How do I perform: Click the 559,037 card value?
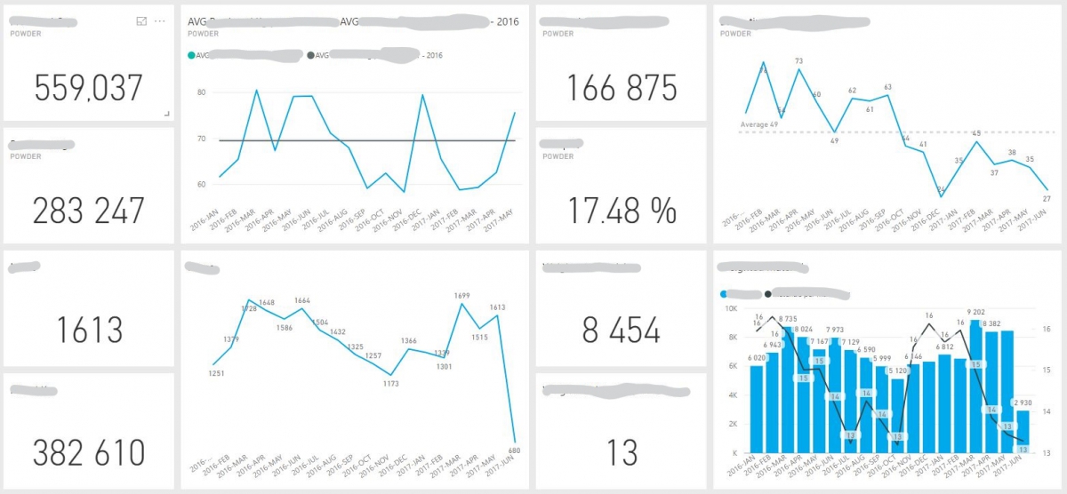point(88,88)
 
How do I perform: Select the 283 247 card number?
point(88,211)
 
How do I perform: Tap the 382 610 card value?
point(88,452)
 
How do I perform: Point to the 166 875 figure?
point(621,88)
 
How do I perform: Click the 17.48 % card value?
point(621,211)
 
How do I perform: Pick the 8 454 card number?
point(621,331)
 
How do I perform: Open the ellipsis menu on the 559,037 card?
point(160,20)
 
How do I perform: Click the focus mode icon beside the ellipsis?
point(141,20)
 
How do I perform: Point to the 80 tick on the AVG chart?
point(201,92)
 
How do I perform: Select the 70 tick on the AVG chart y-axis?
point(201,139)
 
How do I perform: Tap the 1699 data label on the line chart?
point(461,295)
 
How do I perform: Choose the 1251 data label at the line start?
point(215,373)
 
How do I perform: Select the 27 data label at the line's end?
point(1047,199)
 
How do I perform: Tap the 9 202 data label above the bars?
point(976,312)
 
